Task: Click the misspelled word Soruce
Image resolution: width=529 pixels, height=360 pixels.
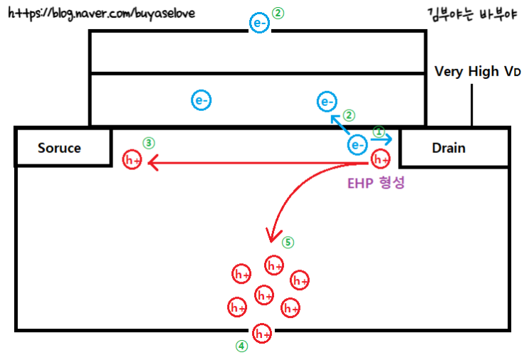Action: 59,148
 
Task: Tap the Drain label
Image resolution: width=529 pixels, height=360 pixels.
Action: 449,148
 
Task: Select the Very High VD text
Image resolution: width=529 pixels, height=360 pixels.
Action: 477,72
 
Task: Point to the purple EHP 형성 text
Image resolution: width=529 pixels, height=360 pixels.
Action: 375,182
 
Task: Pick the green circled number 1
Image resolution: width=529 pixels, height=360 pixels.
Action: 379,132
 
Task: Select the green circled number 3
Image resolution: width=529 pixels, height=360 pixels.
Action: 148,142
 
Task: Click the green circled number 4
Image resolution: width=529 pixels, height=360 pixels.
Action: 242,346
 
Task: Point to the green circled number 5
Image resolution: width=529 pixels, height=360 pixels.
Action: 288,242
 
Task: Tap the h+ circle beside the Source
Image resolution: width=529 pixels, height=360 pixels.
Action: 132,160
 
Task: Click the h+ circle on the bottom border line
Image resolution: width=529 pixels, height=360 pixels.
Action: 262,333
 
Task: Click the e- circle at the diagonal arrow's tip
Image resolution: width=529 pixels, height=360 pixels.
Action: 328,102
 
